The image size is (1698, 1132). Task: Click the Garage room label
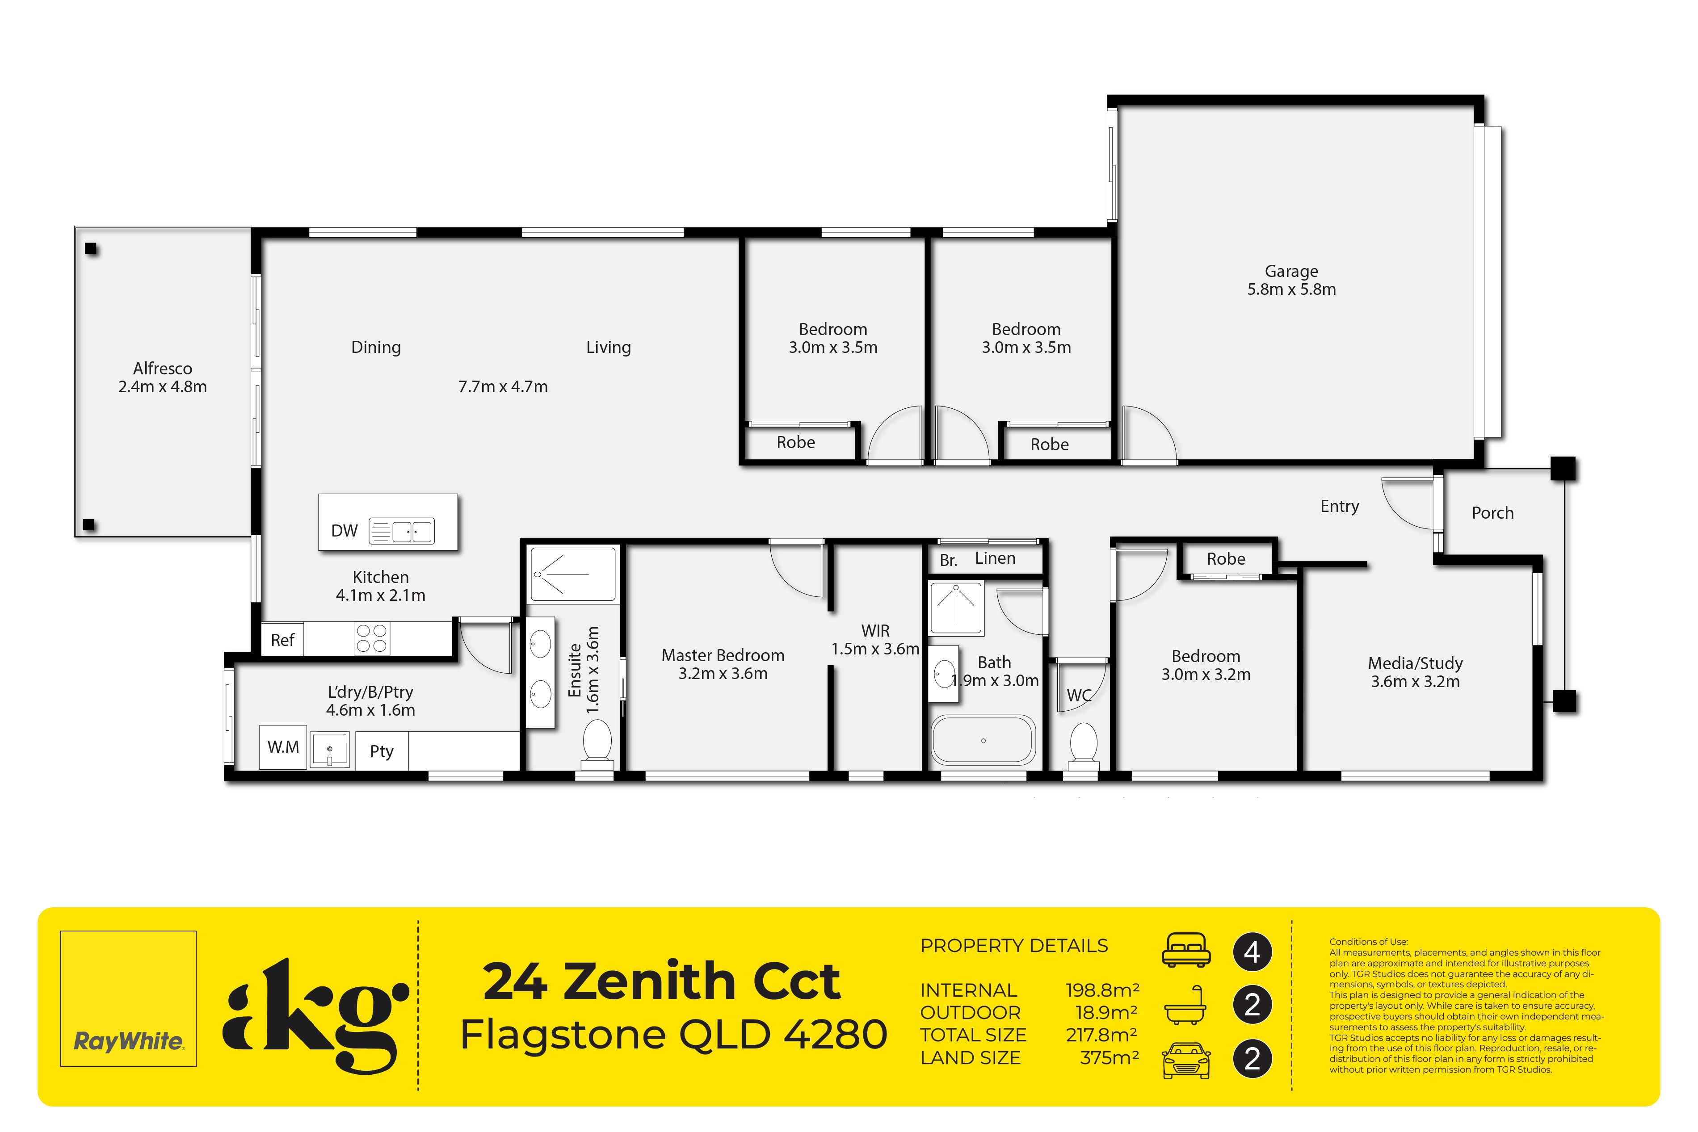click(x=1291, y=272)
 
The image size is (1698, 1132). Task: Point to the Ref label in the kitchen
click(x=282, y=640)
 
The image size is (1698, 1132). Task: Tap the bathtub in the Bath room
click(x=983, y=740)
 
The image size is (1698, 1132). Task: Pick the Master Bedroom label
click(x=723, y=655)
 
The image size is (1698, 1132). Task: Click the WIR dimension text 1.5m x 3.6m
click(x=875, y=649)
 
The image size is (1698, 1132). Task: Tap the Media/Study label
click(x=1415, y=663)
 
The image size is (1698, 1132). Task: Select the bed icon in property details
click(x=1186, y=950)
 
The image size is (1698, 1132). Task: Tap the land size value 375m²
click(x=1109, y=1058)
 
